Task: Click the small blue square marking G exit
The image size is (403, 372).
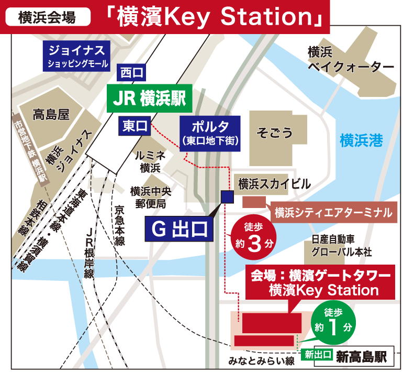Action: [228, 196]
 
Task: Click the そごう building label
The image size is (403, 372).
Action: [274, 133]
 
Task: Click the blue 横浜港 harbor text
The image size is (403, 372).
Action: [361, 141]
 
